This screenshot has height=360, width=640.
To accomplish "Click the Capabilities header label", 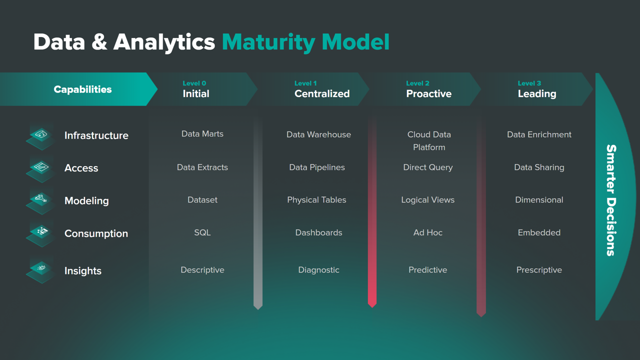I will tap(82, 89).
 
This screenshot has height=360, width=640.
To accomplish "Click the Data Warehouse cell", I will tap(318, 134).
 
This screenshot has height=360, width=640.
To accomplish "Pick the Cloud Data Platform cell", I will tap(429, 140).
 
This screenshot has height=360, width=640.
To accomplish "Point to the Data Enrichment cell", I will tap(539, 134).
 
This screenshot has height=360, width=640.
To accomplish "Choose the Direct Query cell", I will tap(428, 167).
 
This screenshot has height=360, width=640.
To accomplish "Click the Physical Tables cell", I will tap(316, 200).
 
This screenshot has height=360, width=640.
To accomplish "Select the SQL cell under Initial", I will tap(202, 232).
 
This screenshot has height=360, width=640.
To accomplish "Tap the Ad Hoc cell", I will tap(428, 232).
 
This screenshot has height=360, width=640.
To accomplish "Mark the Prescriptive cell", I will tap(539, 270).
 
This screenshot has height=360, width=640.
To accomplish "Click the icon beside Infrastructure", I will tap(40, 136).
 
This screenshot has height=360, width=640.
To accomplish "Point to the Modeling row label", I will tap(86, 201).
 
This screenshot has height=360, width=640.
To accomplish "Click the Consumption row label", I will tap(96, 233).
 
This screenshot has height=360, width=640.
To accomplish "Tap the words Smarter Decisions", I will tap(611, 200).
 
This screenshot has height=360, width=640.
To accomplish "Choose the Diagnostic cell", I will tap(318, 270).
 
